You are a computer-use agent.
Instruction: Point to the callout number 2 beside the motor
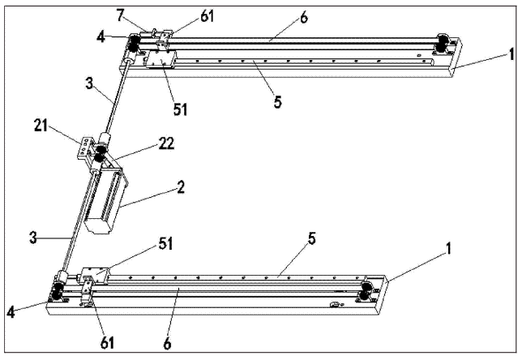[x=181, y=186]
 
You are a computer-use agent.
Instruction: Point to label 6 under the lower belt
[x=168, y=344]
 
